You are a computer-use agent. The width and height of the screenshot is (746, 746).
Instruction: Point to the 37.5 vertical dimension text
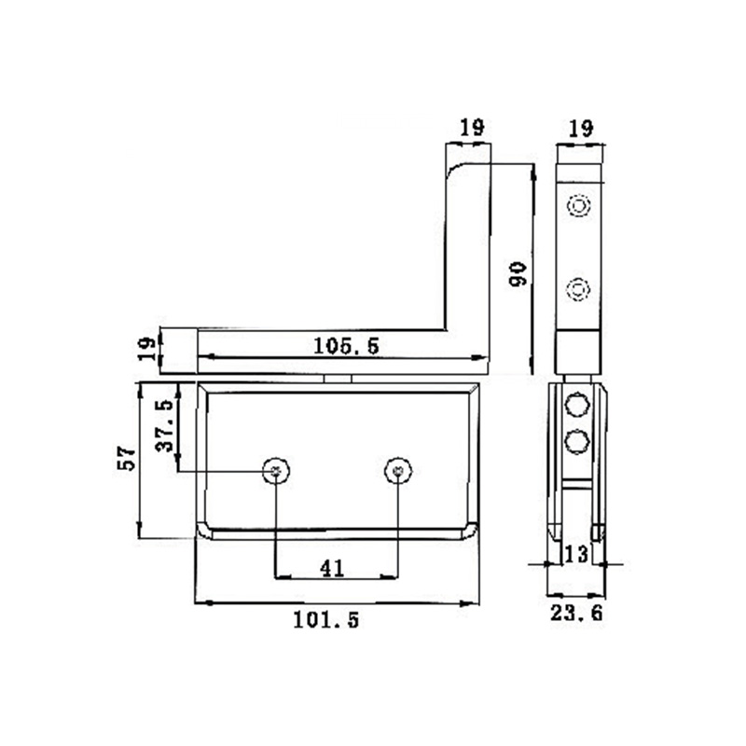[163, 426]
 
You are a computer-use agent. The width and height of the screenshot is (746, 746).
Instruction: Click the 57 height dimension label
[128, 458]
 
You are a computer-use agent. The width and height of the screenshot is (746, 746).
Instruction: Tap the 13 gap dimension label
[576, 554]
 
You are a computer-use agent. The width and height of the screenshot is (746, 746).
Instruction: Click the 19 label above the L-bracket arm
[471, 128]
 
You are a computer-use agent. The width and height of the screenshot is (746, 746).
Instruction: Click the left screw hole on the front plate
[275, 472]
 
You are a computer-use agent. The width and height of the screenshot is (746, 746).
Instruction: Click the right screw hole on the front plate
[397, 472]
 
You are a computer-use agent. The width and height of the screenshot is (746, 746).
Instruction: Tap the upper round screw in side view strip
[579, 206]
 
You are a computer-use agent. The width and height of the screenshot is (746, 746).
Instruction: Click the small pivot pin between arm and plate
[337, 378]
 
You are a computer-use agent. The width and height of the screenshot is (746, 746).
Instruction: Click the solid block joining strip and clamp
[579, 352]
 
